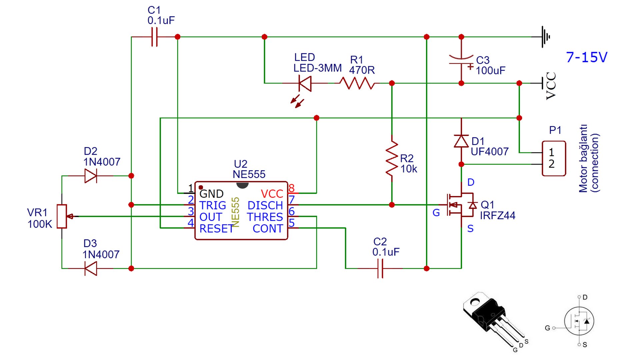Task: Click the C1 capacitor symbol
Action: (154, 37)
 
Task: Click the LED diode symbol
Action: (305, 83)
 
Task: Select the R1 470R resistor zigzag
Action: (357, 83)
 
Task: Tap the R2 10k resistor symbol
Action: (392, 158)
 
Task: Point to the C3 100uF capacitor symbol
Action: (461, 60)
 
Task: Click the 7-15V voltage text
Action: (587, 57)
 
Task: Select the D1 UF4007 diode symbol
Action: (461, 141)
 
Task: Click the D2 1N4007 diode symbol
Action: (91, 176)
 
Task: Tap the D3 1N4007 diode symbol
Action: (91, 268)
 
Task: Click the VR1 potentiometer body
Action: (62, 216)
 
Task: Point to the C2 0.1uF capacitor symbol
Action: (380, 268)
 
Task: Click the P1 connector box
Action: (554, 158)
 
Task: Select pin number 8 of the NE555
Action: (292, 188)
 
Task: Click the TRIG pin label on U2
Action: (213, 205)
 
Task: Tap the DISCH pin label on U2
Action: (265, 205)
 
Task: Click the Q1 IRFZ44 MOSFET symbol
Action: (460, 205)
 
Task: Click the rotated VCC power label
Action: (551, 86)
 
